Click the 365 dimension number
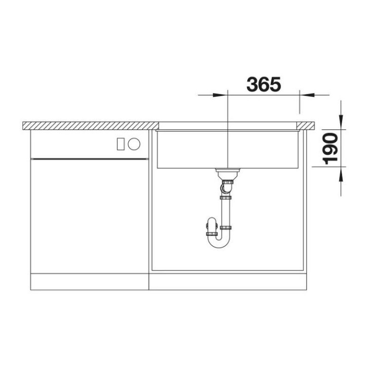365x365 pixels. pyautogui.click(x=264, y=84)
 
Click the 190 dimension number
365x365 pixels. pyautogui.click(x=331, y=149)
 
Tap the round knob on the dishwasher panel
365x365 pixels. pyautogui.click(x=134, y=144)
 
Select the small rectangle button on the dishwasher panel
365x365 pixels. pyautogui.click(x=121, y=144)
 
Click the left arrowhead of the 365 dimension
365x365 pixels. pyautogui.click(x=220, y=95)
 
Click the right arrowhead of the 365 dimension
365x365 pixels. pyautogui.click(x=307, y=95)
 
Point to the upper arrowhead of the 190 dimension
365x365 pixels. pyautogui.click(x=341, y=122)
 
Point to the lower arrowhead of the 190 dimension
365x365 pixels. pyautogui.click(x=341, y=174)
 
